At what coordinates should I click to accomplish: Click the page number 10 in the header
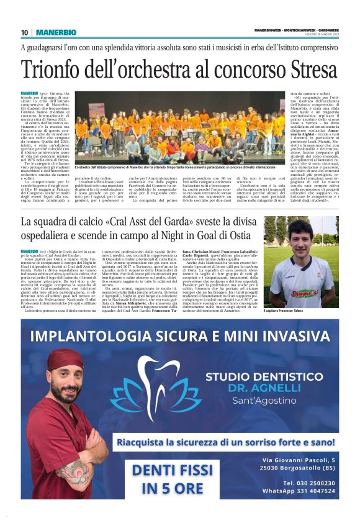tap(25, 32)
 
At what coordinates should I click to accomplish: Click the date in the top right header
tap(323, 34)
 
